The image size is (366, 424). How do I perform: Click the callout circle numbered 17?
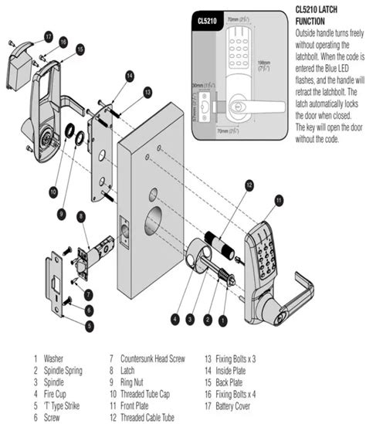[x=48, y=36]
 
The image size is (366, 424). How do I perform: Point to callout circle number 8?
[x=81, y=218]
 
